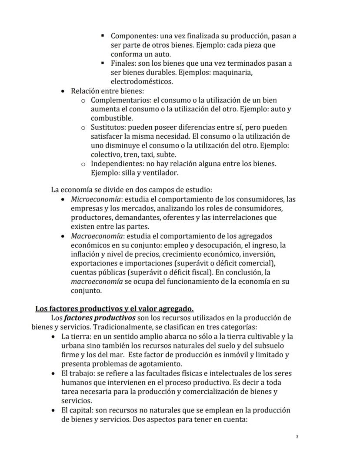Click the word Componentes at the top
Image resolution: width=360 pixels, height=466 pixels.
tap(131, 36)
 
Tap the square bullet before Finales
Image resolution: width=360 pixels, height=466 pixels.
tap(103, 63)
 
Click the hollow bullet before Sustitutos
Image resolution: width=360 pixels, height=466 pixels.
tap(83, 127)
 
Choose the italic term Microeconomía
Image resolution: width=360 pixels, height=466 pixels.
tap(96, 199)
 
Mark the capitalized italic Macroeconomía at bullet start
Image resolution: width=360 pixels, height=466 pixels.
tap(97, 236)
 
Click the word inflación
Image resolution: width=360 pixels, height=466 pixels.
tap(86, 254)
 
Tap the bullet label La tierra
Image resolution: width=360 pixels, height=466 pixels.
tap(76, 336)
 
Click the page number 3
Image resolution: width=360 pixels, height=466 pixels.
tap(297, 436)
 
